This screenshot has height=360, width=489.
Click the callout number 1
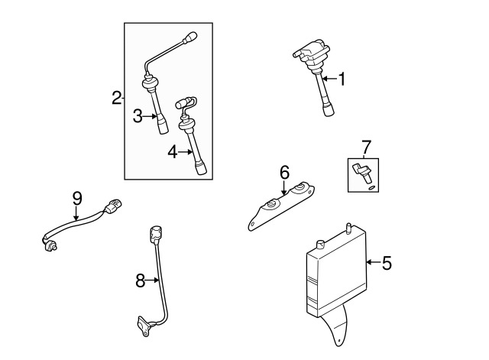coord(342,78)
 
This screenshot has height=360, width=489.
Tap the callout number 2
coord(116,98)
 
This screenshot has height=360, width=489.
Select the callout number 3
coord(138,116)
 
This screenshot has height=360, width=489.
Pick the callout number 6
coord(284,173)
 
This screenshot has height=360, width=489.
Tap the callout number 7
coord(365,145)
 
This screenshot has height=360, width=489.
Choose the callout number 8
coord(141,281)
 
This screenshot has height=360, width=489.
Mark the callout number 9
coord(77,197)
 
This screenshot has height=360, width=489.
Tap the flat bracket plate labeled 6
coord(283,205)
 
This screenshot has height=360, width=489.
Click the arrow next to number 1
coord(329,78)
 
